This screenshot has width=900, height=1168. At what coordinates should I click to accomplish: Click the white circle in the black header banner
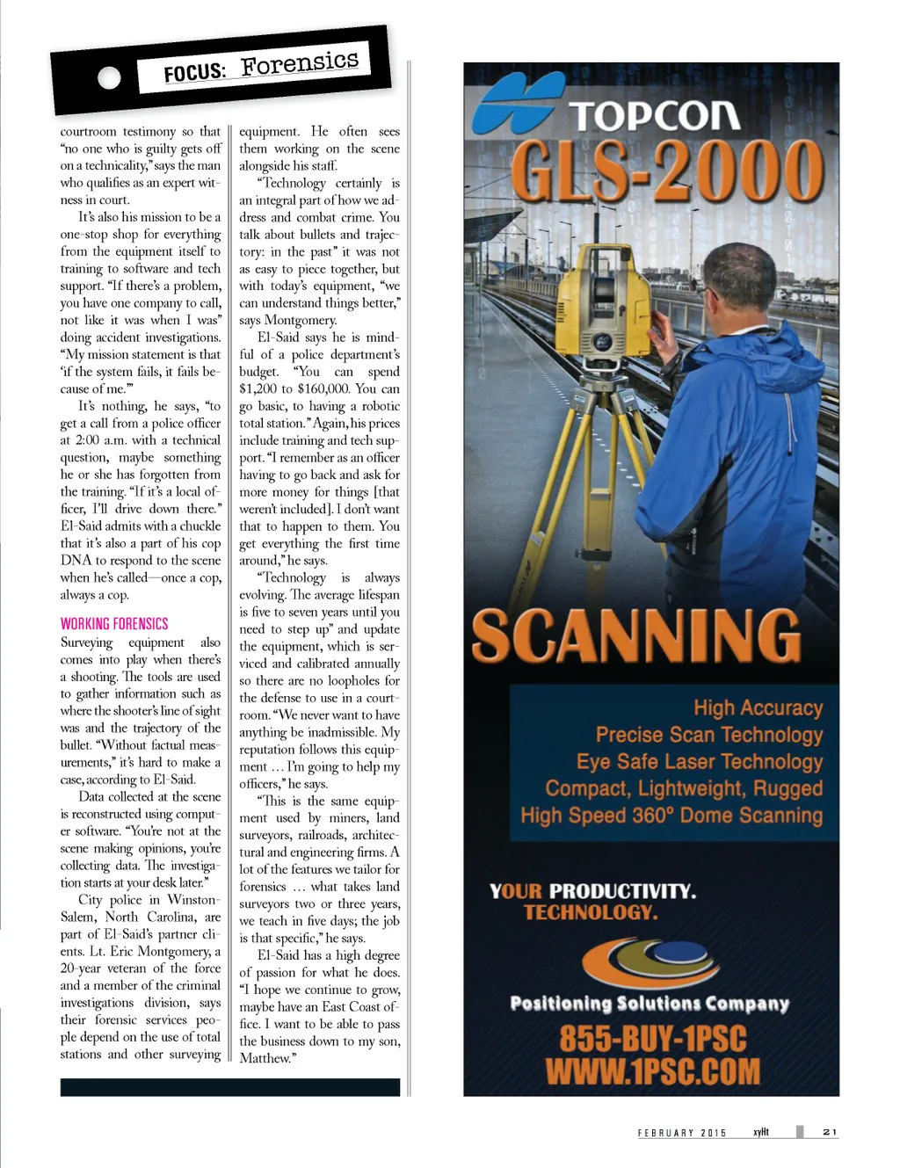(x=109, y=78)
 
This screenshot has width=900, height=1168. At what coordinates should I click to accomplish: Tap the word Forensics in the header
(x=300, y=62)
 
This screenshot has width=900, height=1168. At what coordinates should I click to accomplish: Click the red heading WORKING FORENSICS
(x=114, y=624)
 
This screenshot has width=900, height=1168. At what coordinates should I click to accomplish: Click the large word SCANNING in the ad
(x=636, y=635)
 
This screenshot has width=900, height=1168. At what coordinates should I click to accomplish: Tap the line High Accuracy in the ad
(x=758, y=708)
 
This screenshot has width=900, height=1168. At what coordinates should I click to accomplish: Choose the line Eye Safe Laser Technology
(x=700, y=762)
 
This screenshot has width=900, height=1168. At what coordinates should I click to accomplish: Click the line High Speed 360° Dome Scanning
(x=671, y=816)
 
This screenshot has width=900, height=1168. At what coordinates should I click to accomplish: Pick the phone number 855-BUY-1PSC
(x=653, y=1039)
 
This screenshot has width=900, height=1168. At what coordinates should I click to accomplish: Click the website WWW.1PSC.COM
(x=652, y=1071)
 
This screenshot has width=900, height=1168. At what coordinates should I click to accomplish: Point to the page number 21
(x=830, y=1132)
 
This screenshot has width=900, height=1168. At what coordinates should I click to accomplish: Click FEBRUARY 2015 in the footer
(x=682, y=1133)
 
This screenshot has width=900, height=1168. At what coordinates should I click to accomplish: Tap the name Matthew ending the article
(x=265, y=1059)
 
